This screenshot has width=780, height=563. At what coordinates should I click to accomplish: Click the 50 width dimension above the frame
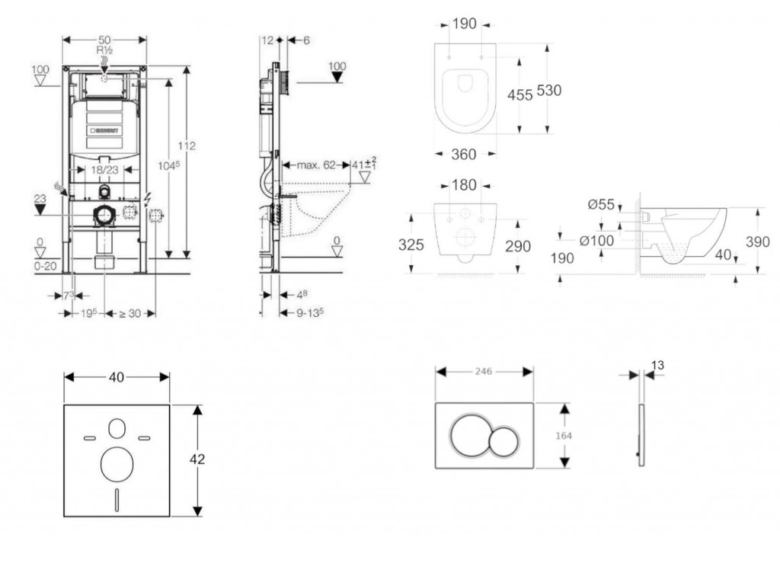coord(104,39)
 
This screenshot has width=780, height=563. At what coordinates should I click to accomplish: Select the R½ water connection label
coord(104,50)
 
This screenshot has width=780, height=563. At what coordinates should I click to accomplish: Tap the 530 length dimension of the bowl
coord(548,90)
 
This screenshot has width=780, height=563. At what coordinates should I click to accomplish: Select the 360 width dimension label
coord(464,154)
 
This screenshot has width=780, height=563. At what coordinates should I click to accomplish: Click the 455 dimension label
coord(520,95)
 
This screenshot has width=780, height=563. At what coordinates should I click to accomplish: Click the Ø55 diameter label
coord(600,203)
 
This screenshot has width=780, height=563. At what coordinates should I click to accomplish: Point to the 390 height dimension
coord(758,242)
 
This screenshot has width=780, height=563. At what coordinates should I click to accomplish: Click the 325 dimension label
coord(411,245)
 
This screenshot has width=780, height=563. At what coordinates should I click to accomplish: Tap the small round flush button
coord(503,441)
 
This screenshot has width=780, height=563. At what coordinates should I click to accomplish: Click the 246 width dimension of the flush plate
coord(484,371)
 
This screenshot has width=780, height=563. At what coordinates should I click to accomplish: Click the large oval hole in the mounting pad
coord(115,464)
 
